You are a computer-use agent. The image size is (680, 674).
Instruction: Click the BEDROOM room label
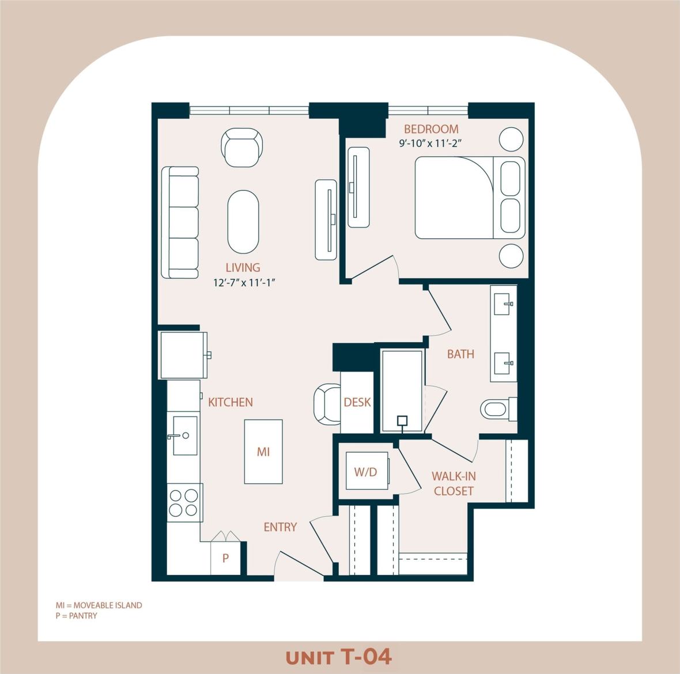(x=431, y=129)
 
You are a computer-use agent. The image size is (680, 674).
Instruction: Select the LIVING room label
(x=243, y=267)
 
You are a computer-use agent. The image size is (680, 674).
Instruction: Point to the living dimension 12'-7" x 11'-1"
(x=242, y=282)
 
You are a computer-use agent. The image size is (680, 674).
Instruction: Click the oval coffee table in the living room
(x=243, y=222)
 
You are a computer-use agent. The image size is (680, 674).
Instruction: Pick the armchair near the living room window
(x=243, y=147)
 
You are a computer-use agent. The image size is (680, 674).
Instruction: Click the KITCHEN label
(x=231, y=402)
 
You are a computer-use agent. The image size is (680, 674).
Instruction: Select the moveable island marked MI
(x=263, y=452)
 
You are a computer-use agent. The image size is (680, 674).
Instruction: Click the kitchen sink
(x=185, y=436)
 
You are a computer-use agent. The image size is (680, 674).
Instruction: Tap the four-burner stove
(x=184, y=502)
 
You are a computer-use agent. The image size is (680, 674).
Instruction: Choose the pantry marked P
(x=225, y=558)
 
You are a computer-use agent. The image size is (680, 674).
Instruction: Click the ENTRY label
(x=280, y=527)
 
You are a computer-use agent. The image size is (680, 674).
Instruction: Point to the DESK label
(x=357, y=403)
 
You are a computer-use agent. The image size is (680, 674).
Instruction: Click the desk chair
(x=328, y=404)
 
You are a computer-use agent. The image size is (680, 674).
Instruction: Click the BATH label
(x=461, y=354)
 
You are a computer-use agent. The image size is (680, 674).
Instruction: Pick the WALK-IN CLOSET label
(x=454, y=483)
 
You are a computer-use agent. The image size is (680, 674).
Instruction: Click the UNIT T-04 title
(x=339, y=657)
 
